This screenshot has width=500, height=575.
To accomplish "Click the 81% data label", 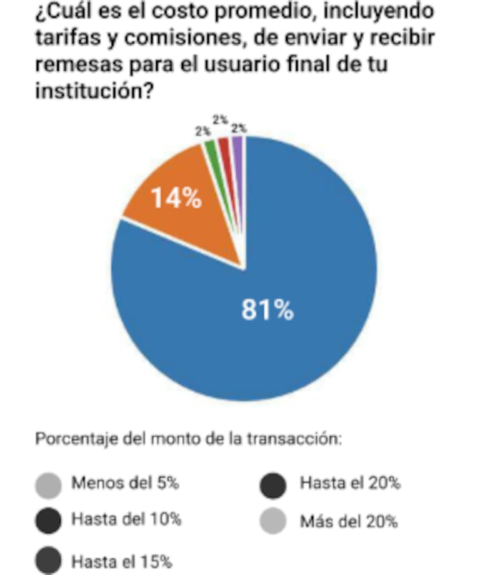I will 267,310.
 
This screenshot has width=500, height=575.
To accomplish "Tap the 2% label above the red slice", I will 220,119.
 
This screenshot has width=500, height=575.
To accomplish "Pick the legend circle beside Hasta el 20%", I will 273,485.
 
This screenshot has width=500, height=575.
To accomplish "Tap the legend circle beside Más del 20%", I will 273,520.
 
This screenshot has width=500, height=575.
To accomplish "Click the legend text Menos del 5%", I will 126,483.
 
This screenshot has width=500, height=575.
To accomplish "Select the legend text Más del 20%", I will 349,521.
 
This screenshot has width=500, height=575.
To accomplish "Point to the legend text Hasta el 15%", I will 122,561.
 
